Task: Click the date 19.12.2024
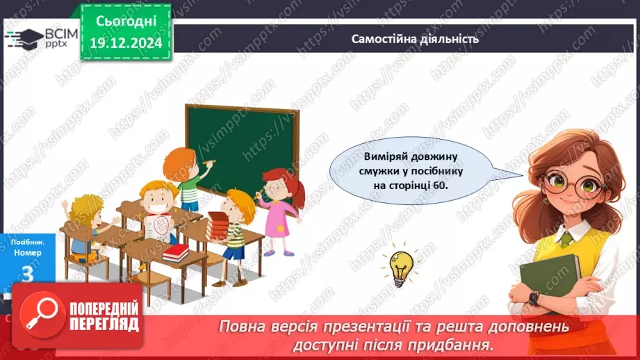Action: (126, 43)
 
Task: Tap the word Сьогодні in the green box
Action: (126, 22)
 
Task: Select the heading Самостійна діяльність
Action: (415, 39)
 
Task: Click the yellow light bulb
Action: (400, 267)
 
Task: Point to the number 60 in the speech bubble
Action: (440, 186)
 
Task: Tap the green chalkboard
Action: (243, 152)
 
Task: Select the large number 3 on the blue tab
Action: (27, 275)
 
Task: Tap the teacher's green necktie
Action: (566, 240)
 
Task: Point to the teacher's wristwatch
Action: (534, 298)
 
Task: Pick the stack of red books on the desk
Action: (176, 253)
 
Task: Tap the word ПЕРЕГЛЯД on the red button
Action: (104, 325)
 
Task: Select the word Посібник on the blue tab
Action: (28, 243)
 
